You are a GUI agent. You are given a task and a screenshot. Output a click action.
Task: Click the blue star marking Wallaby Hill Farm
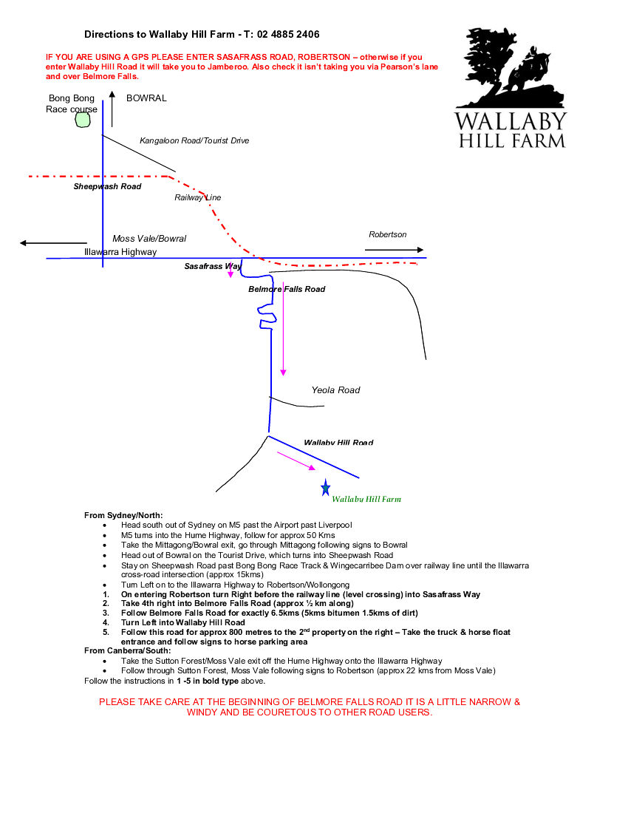click(x=325, y=487)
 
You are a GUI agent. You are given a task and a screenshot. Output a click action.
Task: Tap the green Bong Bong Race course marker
click(x=81, y=120)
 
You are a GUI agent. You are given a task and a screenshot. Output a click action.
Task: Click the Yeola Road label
click(x=335, y=390)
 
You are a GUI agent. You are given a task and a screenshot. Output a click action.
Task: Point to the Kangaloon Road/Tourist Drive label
click(x=194, y=140)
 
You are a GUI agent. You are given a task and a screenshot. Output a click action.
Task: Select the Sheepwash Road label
click(x=107, y=187)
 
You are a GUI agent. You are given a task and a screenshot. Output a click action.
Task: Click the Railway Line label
click(x=197, y=198)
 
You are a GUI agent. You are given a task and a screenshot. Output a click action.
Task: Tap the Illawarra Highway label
click(x=120, y=252)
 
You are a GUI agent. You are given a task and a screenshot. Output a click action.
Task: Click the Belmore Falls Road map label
click(x=287, y=289)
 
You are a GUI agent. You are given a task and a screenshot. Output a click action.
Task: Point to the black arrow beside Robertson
click(x=394, y=250)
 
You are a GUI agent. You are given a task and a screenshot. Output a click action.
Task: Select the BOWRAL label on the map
click(x=146, y=98)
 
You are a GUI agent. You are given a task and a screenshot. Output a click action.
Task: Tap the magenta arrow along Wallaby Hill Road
click(x=296, y=461)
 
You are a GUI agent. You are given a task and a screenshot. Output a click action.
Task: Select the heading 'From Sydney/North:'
click(x=123, y=515)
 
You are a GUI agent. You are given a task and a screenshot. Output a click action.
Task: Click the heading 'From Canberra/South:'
click(x=127, y=650)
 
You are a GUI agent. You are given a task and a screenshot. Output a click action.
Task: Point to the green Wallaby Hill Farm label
click(x=366, y=500)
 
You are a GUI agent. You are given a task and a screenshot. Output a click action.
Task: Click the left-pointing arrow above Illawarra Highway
click(x=53, y=242)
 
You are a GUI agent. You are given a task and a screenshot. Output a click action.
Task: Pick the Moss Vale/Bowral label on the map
click(x=149, y=239)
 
